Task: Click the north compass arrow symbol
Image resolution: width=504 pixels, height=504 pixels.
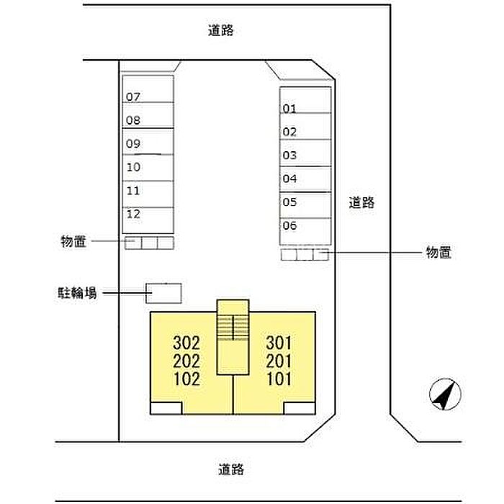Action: (x=445, y=394)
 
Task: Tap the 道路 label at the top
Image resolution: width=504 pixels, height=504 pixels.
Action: (x=221, y=30)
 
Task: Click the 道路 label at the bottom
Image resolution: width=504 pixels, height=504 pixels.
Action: (x=232, y=469)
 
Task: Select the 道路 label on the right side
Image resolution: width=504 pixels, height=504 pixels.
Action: (x=361, y=202)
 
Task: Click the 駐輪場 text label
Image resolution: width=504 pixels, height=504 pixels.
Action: (x=78, y=293)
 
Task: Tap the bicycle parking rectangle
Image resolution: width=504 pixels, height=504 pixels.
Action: (x=164, y=292)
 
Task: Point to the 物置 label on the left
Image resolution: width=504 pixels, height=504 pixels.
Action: (x=74, y=243)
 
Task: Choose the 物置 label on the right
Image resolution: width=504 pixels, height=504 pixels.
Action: (x=438, y=252)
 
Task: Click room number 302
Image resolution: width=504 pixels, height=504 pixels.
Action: (x=186, y=342)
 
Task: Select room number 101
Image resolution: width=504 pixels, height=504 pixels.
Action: (x=279, y=379)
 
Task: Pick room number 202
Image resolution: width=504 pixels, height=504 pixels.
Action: (x=186, y=361)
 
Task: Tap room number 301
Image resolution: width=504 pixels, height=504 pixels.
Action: (x=279, y=342)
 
